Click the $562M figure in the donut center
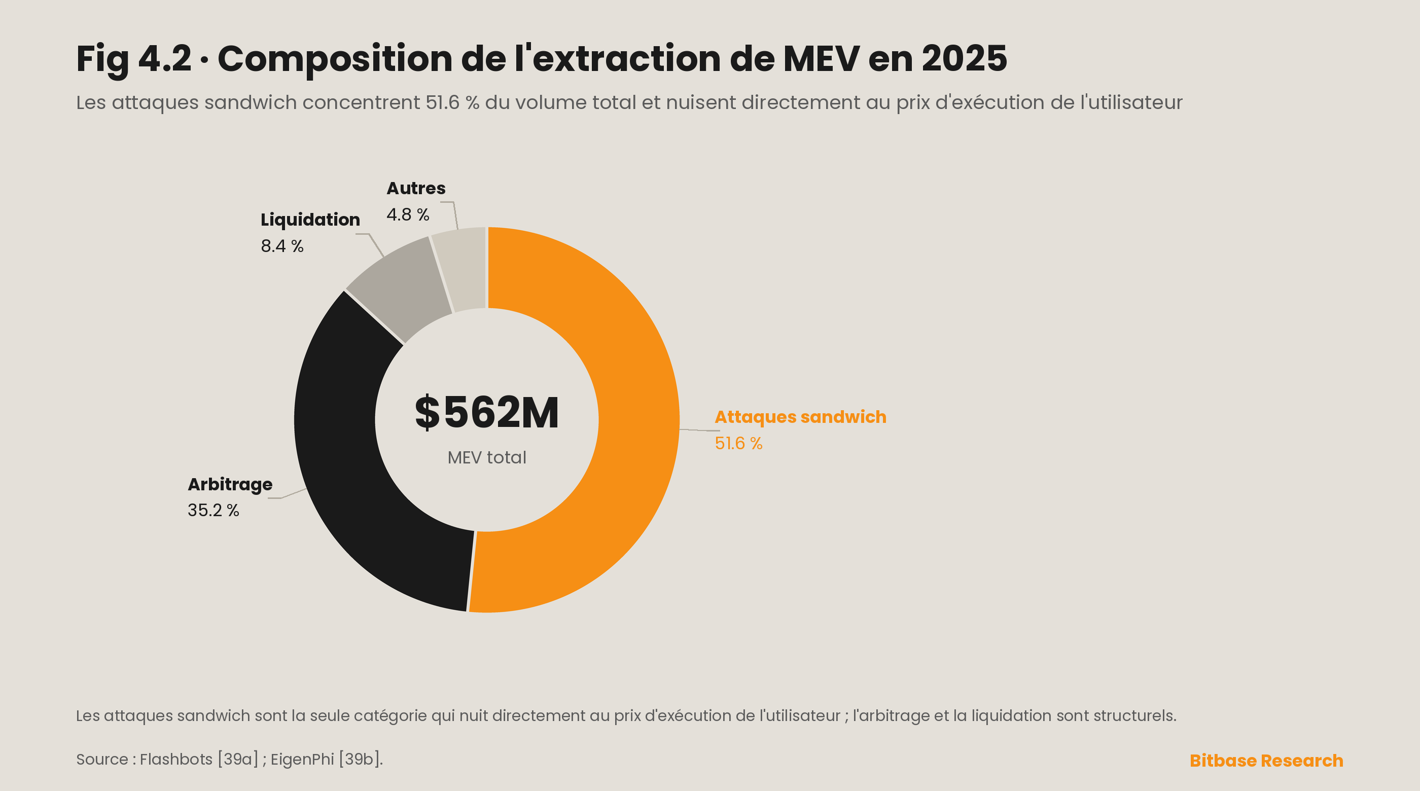pos(487,412)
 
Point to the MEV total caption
pos(487,457)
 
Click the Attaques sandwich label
pos(800,417)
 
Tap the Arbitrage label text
pos(230,485)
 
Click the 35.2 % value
pos(214,511)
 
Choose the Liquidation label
pos(310,220)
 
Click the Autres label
pos(416,188)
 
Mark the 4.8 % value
pos(408,214)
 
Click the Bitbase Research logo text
pos(1266,761)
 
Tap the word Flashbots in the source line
pos(176,760)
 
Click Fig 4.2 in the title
pos(134,59)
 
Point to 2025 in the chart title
pos(965,58)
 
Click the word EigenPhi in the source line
pos(302,760)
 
